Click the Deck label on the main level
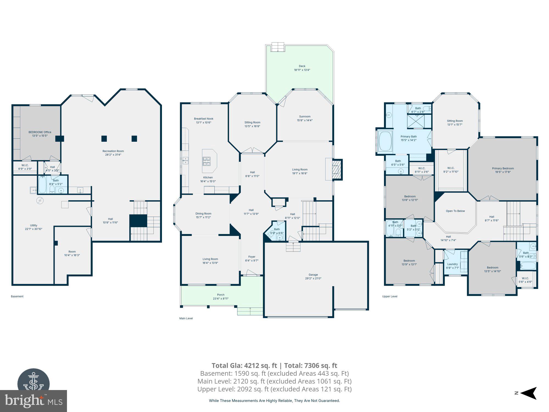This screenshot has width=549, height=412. coord(302,66)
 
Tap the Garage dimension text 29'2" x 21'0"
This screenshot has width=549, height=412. coord(313,278)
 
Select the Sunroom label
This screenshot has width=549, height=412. coord(305,116)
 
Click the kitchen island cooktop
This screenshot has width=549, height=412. coord(206,161)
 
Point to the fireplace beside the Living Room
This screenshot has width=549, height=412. coord(337,170)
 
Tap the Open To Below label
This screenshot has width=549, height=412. coord(455,211)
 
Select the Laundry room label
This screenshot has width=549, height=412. coord(452,264)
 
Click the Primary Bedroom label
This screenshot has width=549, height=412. coord(503,168)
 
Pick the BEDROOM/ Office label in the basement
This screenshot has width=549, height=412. coord(40,132)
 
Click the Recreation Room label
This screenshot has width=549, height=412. coord(113,151)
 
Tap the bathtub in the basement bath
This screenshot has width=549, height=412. coord(42,185)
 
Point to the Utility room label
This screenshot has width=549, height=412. coord(33,225)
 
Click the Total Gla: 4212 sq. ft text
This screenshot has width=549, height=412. coord(244,366)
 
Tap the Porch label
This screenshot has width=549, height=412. coord(220,295)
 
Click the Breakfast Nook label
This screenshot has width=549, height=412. coord(203,119)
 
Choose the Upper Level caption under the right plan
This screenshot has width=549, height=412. coord(390,296)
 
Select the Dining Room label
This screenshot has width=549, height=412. coord(203,213)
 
